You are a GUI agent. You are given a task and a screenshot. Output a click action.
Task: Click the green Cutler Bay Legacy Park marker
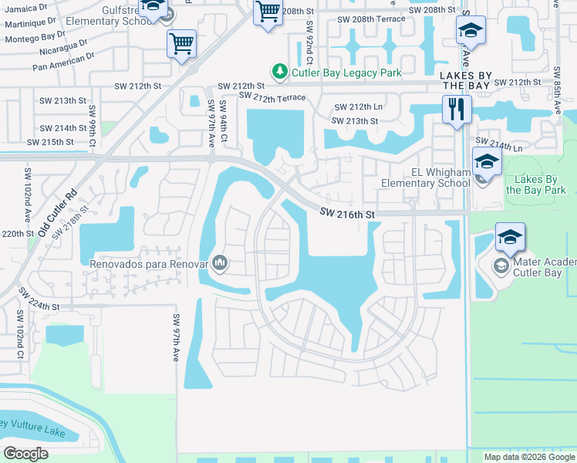(282, 73)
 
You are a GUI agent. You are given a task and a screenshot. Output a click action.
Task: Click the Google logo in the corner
(25, 453)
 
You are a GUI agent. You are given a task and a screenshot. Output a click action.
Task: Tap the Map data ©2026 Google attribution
(529, 457)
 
